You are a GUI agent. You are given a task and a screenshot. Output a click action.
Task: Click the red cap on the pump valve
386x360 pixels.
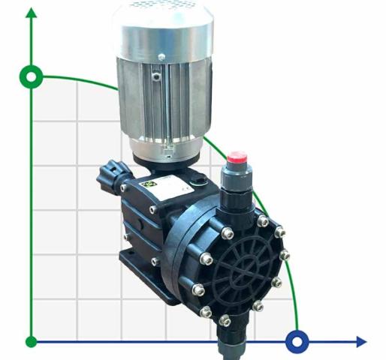pos(237,158)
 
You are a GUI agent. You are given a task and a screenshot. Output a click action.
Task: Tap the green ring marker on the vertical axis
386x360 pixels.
pos(31,76)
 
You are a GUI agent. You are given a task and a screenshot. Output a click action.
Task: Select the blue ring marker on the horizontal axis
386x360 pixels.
pos(297,342)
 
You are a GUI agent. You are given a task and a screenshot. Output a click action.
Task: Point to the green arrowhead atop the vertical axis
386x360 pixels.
pos(31,15)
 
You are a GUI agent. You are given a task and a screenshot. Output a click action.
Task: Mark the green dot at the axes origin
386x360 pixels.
pos(31,342)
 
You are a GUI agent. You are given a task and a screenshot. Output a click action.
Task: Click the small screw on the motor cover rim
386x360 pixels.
pos(161,57)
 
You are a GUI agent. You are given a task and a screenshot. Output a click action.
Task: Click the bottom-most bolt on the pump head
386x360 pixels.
pos(225,320)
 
